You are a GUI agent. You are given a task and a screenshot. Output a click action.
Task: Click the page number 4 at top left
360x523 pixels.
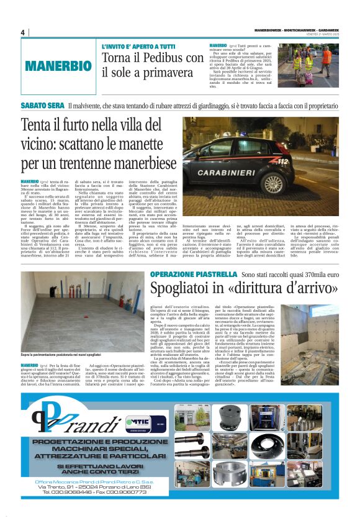tap(23, 32)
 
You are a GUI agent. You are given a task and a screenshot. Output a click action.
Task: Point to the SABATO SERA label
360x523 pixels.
tap(42, 106)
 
